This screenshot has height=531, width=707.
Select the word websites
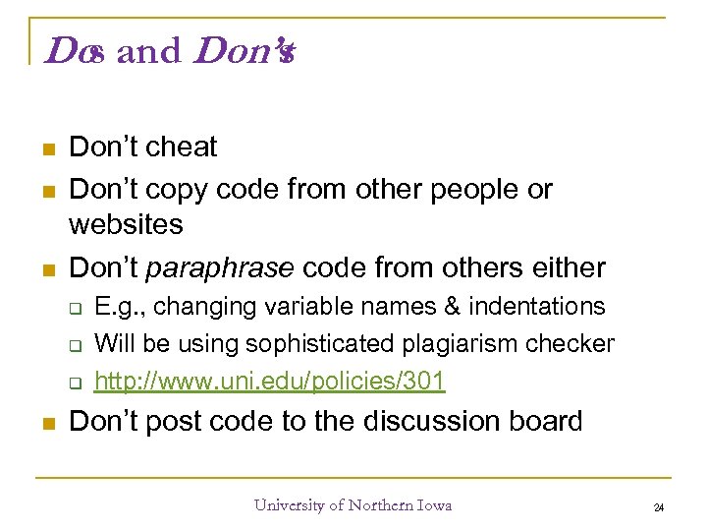(x=126, y=225)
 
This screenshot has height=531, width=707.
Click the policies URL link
(x=270, y=381)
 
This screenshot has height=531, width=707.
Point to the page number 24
(x=659, y=508)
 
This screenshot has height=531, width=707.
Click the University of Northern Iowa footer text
(x=353, y=505)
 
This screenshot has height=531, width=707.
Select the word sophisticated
(x=324, y=344)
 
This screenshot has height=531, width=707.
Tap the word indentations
(x=537, y=307)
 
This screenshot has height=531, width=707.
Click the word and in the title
(x=148, y=51)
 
